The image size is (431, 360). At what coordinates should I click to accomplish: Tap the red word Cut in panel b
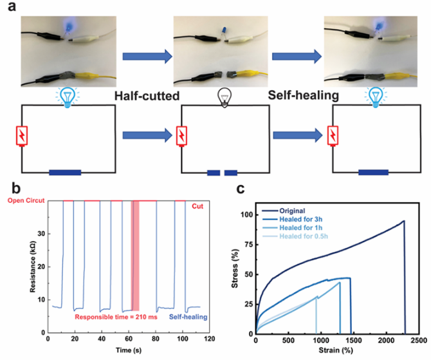(197, 207)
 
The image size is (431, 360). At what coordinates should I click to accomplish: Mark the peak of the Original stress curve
(403, 221)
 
